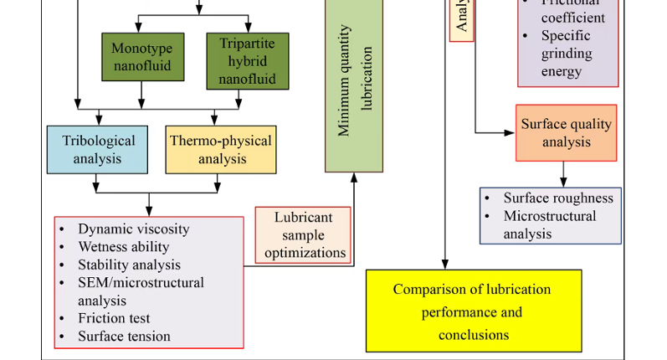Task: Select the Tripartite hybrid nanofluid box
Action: pos(247,60)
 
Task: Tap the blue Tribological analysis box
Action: pos(98,149)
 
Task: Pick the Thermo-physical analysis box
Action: pos(220,149)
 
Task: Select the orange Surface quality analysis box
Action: pos(566,132)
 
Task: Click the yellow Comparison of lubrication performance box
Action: pos(473,311)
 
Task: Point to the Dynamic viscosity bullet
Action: pos(133,229)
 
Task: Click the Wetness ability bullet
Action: pos(123,247)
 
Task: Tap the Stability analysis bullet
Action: pos(129,265)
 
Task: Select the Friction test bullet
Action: pos(114,318)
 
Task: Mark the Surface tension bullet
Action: pos(124,337)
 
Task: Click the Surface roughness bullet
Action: pos(557,198)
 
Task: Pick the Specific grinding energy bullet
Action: pos(567,54)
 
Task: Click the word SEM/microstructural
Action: pos(141,282)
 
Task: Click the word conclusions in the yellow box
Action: pos(473,334)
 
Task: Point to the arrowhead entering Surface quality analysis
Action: pos(511,132)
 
